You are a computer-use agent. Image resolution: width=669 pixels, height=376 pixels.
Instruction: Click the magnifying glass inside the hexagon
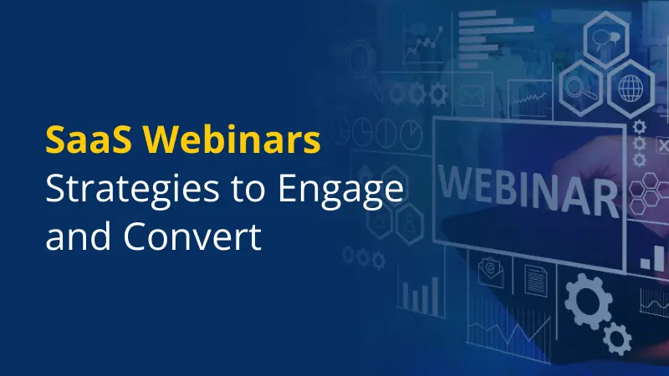point(578,86)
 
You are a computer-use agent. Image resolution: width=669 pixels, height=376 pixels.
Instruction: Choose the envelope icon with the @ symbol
point(492,272)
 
